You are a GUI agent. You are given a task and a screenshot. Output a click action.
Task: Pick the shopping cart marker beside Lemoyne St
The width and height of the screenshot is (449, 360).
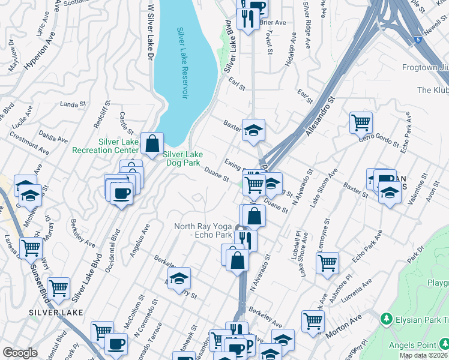pos(327,263)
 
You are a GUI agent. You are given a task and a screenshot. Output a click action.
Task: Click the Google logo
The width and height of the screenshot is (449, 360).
pos(20,353)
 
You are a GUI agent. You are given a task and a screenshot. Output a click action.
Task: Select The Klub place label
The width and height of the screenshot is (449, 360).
pos(432,90)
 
